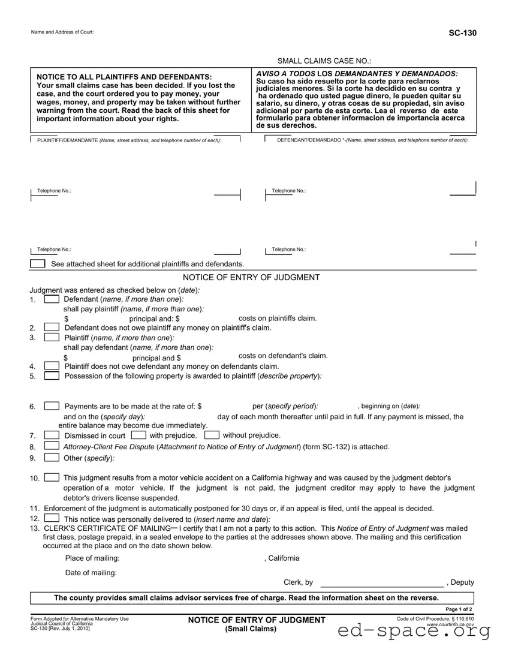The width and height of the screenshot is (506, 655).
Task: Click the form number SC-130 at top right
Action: point(463,33)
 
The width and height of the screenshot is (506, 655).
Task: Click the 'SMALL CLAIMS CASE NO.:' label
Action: point(324,61)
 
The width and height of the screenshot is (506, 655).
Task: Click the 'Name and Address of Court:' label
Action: point(62,32)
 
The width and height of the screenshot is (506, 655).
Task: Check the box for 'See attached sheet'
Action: point(38,264)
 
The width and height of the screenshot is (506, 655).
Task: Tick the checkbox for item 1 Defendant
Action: point(52,299)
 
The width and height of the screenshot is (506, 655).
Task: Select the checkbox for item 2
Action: point(52,327)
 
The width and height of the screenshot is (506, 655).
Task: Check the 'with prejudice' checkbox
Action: point(138,435)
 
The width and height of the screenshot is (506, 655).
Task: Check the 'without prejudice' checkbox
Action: point(211,435)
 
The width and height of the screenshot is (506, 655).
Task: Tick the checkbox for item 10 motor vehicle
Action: point(52,477)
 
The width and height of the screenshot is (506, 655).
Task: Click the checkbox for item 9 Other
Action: point(52,458)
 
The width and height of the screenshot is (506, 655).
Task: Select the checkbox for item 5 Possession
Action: point(52,375)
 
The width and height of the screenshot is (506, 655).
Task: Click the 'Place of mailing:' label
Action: point(92,558)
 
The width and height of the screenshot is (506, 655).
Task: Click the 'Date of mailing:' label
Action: point(91,573)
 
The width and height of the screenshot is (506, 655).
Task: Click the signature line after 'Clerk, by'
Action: point(382,583)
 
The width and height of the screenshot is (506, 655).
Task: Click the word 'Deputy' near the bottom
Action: point(462,582)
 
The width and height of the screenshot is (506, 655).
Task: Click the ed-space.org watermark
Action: point(414,631)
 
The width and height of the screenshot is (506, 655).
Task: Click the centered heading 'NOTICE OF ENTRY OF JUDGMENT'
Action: point(251,277)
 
